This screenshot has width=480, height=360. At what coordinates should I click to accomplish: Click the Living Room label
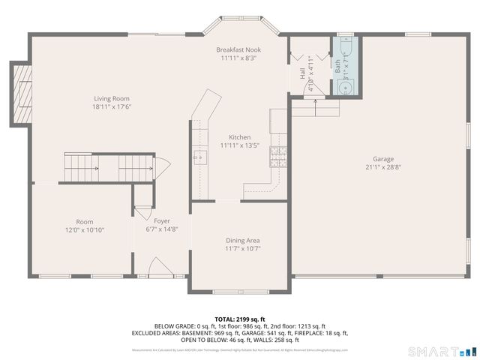(x=112, y=98)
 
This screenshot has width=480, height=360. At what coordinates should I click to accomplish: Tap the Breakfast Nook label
(x=239, y=49)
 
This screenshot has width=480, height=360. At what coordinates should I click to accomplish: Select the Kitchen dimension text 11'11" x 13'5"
(x=239, y=146)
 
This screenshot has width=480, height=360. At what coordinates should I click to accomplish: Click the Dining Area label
(x=243, y=240)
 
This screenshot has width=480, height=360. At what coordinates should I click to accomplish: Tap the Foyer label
(x=162, y=221)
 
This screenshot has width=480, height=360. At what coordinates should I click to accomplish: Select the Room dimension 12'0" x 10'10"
(x=84, y=230)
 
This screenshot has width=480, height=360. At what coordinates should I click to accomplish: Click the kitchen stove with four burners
(x=278, y=155)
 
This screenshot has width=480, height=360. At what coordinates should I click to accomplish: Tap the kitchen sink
(x=201, y=157)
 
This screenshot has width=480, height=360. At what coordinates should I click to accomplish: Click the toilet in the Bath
(x=345, y=87)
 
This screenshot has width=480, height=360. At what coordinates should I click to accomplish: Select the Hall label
(x=303, y=73)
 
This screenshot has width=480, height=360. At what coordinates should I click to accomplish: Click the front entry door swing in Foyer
(x=158, y=265)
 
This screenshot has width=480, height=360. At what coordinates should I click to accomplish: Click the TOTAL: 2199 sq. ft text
(x=239, y=319)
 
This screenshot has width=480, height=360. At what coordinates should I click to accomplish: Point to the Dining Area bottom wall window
(x=239, y=291)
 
